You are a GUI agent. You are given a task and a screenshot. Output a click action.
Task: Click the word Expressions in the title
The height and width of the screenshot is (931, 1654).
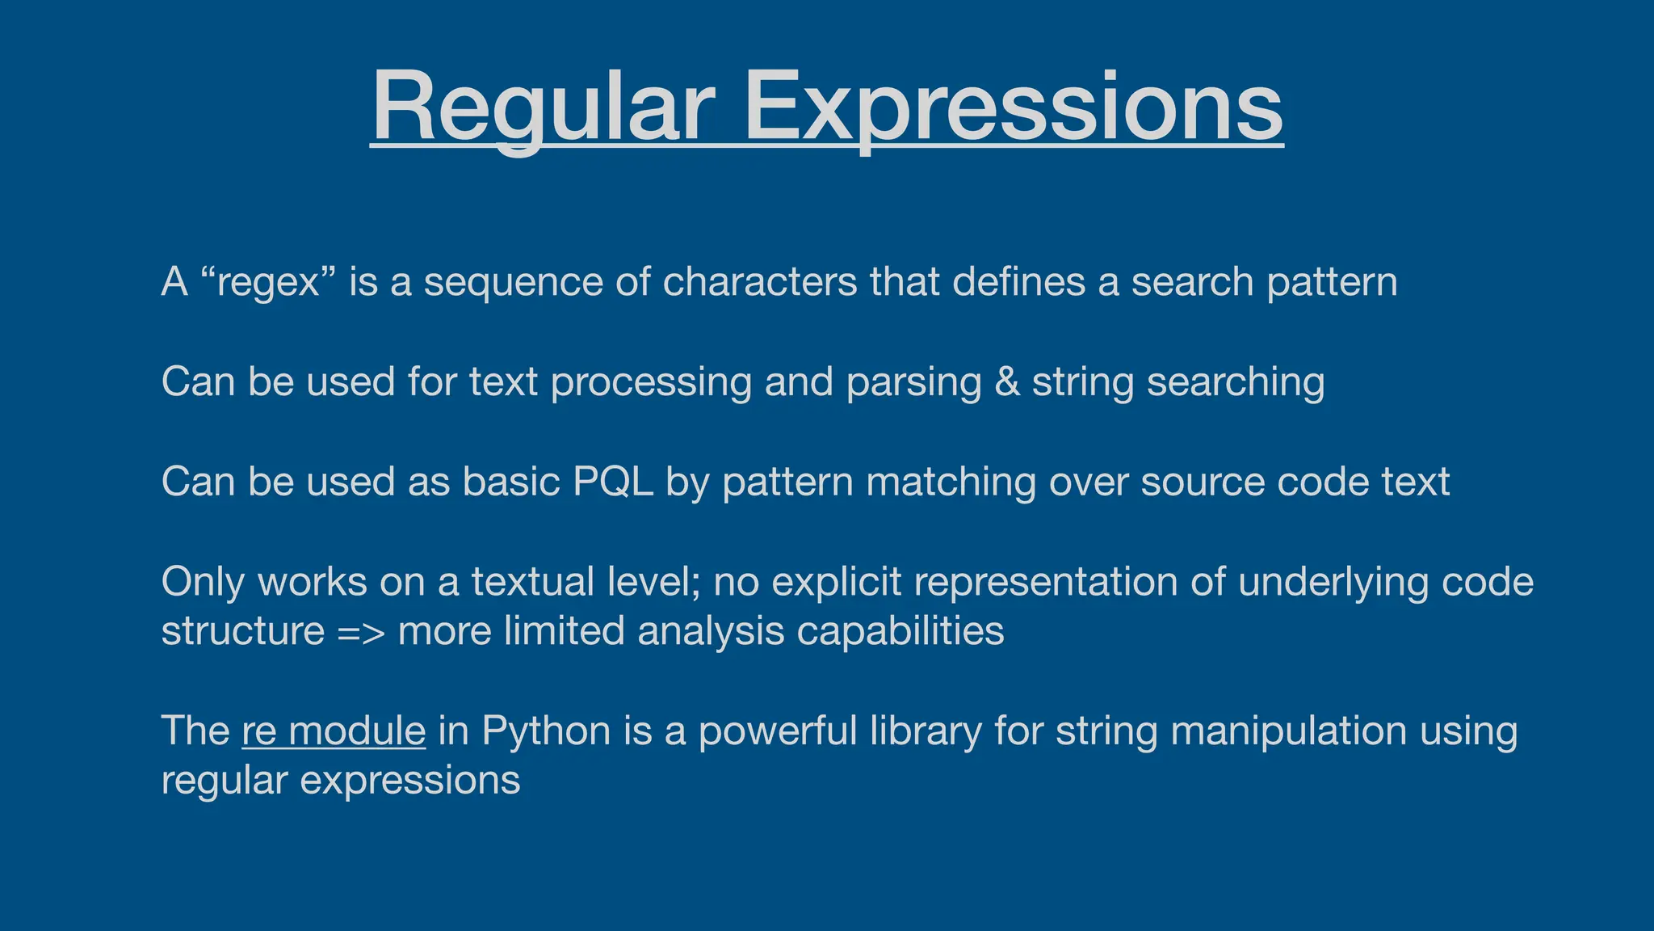1013,107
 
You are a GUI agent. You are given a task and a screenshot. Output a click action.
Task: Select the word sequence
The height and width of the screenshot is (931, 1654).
514,282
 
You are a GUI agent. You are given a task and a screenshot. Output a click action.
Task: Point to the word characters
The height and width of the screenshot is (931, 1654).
759,282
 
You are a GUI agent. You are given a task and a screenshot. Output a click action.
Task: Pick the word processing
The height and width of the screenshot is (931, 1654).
651,381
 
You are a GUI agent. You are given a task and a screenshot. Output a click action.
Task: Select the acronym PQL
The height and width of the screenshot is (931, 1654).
613,482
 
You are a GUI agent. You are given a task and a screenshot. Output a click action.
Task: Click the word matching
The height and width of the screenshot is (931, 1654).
951,482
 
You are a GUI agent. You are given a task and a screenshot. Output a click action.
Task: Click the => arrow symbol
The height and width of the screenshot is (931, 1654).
361,631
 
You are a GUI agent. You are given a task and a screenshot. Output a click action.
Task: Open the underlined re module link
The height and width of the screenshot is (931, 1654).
334,731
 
